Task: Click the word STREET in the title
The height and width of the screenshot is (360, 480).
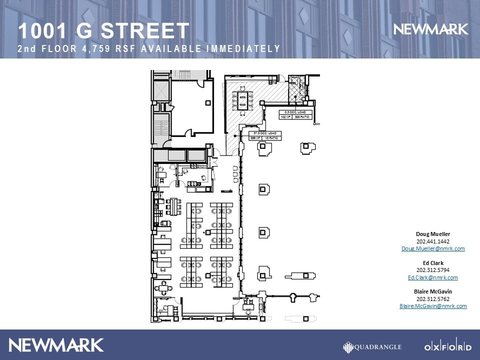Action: pos(145,31)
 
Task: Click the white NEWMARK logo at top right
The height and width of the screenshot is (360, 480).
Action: pos(431,29)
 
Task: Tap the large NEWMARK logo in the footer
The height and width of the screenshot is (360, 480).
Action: pos(56,345)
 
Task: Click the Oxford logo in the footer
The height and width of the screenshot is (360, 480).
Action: pos(447,347)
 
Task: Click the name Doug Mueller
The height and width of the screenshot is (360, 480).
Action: pos(433,234)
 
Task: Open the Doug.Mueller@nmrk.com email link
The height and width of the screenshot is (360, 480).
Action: pos(433,248)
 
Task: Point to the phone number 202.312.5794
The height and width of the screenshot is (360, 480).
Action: pos(433,270)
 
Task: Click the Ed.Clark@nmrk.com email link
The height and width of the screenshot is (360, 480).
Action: pos(433,277)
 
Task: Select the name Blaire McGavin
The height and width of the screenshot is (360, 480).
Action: pos(433,291)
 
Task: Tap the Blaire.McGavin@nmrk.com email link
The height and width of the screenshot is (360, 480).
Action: pos(433,306)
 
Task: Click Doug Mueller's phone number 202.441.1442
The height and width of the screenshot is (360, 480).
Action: pos(433,241)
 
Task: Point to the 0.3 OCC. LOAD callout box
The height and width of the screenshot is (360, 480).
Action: pos(295,114)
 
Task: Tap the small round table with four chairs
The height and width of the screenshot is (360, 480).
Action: pos(163,287)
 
